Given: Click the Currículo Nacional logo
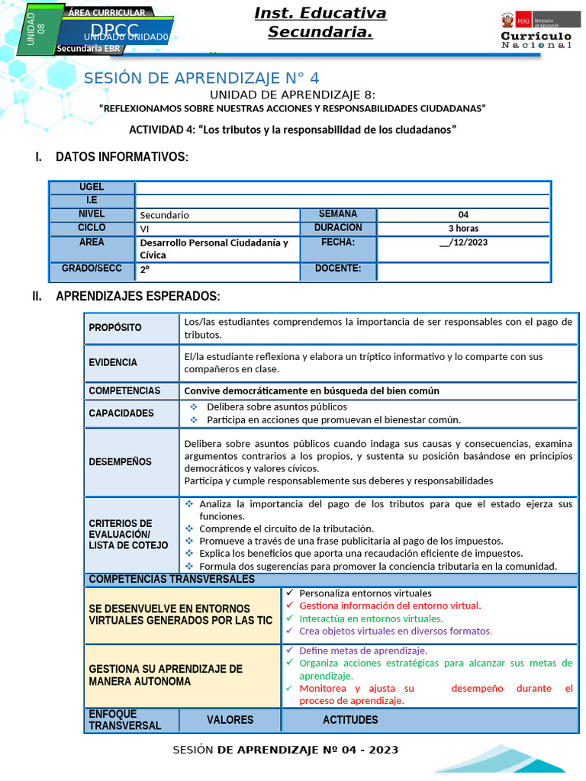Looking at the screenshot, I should tap(536, 31).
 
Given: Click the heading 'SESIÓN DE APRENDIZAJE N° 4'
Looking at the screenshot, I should tap(201, 79).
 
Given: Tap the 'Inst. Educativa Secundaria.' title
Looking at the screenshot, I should tap(320, 23).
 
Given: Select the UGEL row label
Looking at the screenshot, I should tap(92, 188).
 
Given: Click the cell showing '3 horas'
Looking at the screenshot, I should tap(463, 228).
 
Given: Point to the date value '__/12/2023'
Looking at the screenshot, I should tap(463, 243).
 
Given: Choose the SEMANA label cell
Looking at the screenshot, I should tap(337, 214).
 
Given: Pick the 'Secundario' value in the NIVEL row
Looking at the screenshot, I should tap(165, 215).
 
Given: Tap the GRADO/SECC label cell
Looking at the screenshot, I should tap(92, 269).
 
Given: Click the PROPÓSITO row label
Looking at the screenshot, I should tap(115, 328).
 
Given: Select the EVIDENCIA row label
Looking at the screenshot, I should tap(113, 362).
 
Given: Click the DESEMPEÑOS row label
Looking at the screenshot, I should tap(120, 461).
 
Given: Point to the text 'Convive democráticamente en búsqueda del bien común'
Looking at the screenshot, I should tap(312, 390).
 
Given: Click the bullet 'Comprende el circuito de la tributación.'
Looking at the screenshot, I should tap(286, 529).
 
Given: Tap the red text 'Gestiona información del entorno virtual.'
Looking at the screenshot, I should tap(390, 606).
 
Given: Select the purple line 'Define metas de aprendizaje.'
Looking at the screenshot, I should tap(363, 651).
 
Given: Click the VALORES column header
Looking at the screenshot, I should tap(230, 720).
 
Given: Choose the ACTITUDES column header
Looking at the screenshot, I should tap(350, 720).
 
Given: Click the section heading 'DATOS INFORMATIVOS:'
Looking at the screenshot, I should tap(121, 157).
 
